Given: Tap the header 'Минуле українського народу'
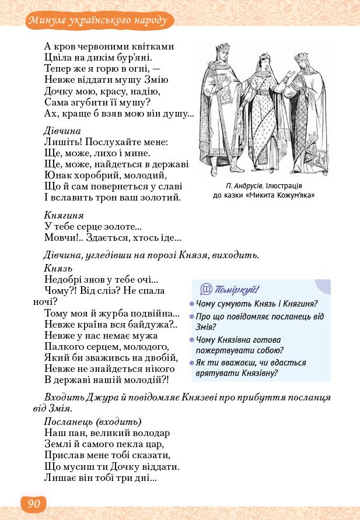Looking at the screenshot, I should tap(100, 22).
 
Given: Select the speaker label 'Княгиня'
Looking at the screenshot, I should tap(64, 215).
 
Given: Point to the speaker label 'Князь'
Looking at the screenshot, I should tap(58, 268).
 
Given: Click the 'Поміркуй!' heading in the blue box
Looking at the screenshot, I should tap(237, 290).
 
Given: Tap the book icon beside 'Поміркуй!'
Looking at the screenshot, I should tap(206, 289).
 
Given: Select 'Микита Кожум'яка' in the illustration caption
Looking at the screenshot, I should tap(281, 195).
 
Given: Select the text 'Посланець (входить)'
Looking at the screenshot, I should tap(93, 421).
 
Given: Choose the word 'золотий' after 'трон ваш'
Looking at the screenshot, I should tap(162, 198).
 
